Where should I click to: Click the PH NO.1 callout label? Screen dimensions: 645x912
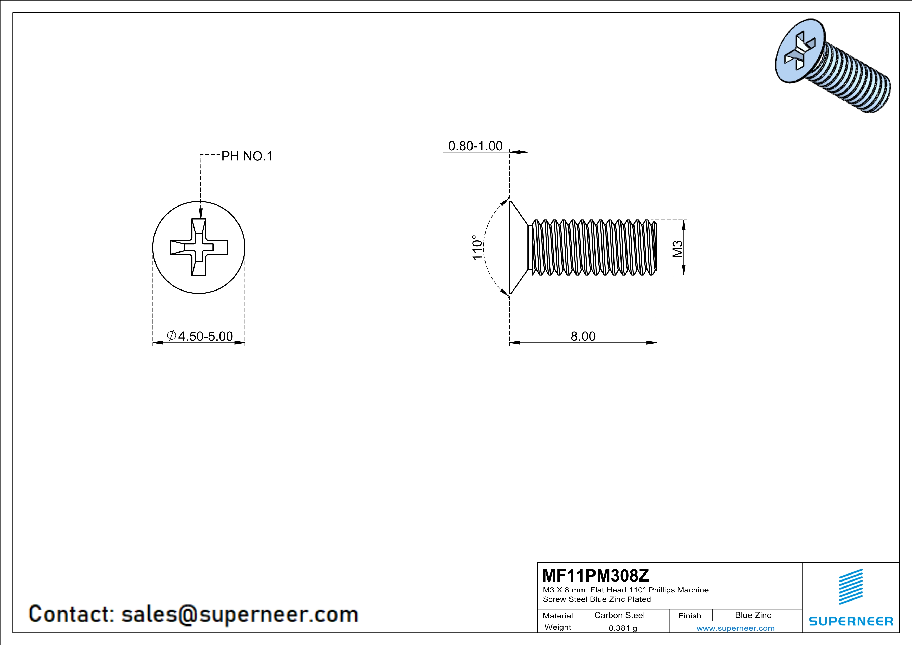pos(247,157)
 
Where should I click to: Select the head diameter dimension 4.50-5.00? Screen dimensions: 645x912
pos(205,336)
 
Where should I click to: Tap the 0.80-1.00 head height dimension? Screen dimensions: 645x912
pos(475,146)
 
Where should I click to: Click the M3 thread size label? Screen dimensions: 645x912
pos(678,249)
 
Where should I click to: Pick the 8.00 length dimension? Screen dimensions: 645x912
pos(583,336)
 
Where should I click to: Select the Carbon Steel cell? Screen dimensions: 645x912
pos(619,615)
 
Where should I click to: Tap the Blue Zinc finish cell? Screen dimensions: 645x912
pos(753,615)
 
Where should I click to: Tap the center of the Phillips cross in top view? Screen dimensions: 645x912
pos(199,247)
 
